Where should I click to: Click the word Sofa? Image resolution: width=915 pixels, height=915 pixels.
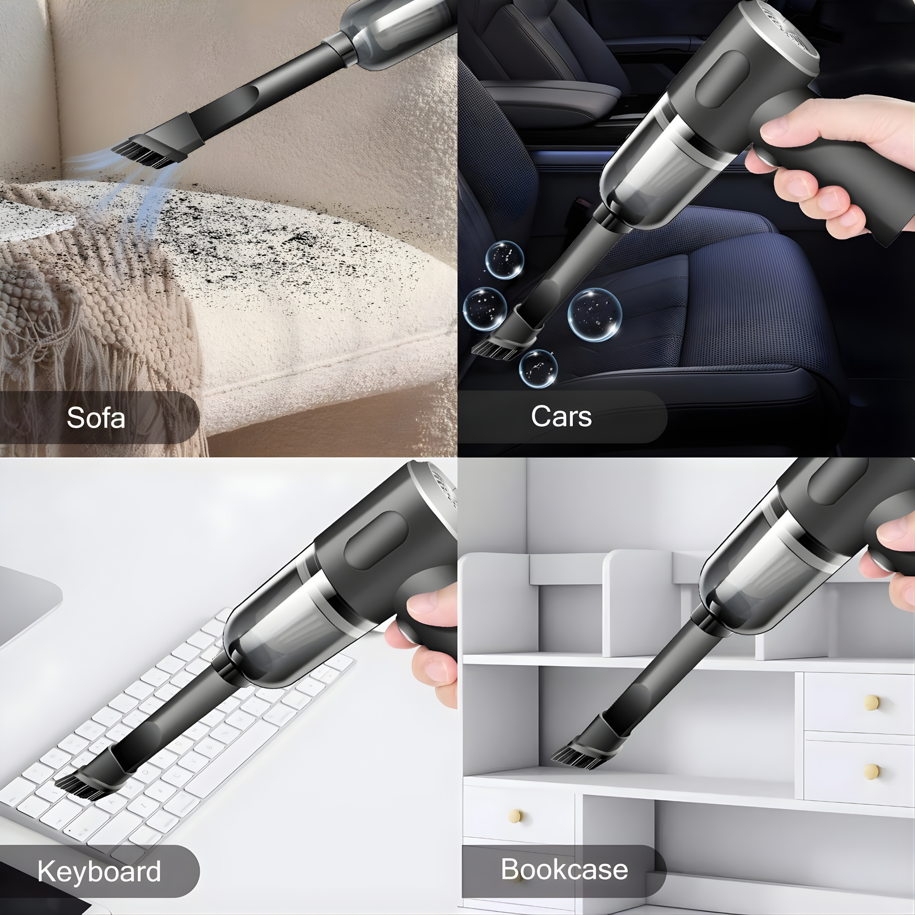point(96,418)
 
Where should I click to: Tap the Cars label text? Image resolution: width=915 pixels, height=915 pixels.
point(561,416)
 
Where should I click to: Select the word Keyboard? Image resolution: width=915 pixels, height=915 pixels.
point(99,871)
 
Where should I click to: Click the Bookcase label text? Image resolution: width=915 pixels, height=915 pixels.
point(564,869)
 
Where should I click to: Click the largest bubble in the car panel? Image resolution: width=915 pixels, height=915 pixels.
point(595,314)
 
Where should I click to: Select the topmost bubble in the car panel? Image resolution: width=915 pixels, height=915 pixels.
point(505,260)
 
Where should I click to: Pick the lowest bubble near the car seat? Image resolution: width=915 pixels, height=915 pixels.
point(538,369)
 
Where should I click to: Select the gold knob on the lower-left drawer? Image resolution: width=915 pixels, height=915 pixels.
point(515,815)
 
